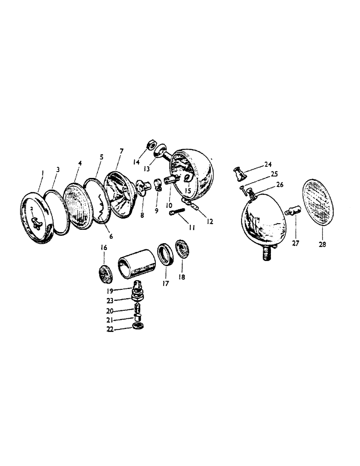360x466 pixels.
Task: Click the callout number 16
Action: [x=104, y=249]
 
